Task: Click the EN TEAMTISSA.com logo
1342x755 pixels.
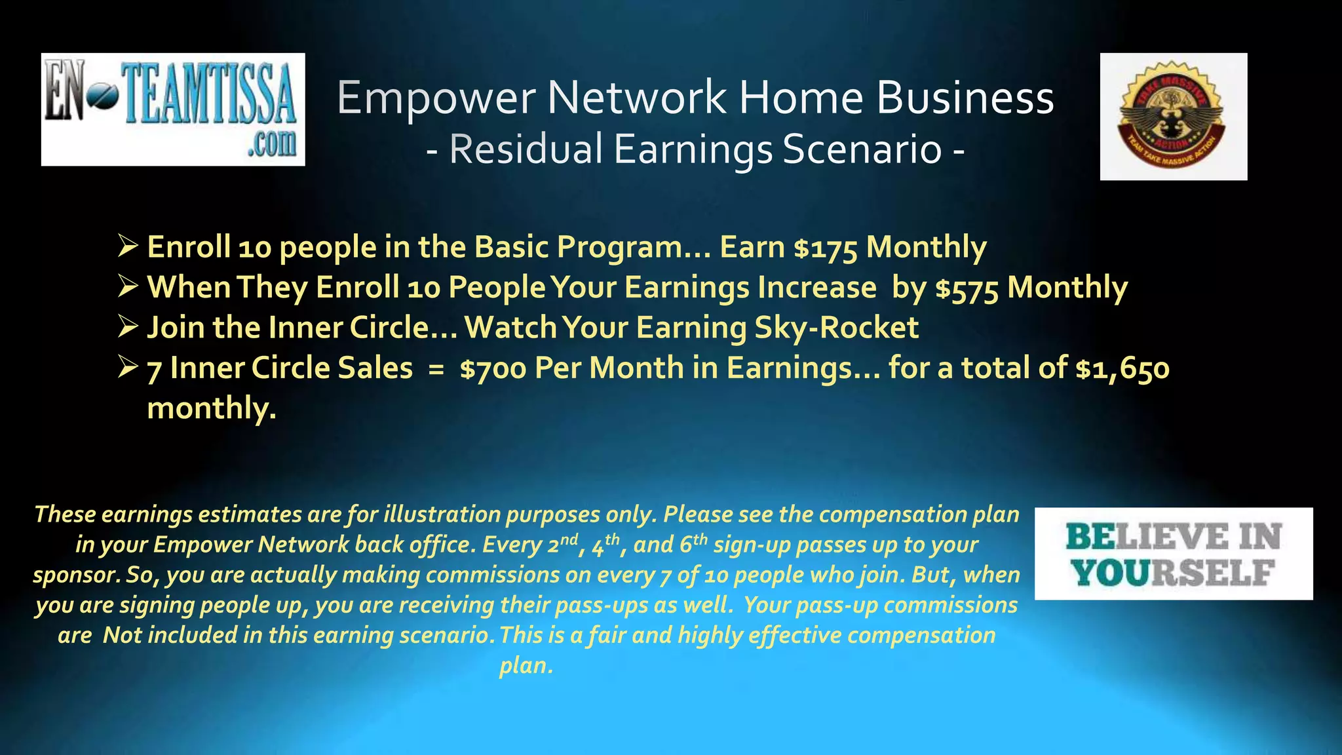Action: point(173,109)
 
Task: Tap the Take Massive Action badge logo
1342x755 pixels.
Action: point(1173,117)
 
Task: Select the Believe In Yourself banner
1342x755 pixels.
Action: point(1174,554)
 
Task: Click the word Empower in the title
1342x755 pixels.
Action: point(436,98)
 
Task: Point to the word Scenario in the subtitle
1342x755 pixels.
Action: point(862,149)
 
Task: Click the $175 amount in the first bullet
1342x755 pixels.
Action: point(825,248)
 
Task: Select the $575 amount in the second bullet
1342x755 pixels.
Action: point(967,288)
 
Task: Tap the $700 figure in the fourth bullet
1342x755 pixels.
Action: point(493,368)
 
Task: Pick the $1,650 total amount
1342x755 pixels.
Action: point(1122,368)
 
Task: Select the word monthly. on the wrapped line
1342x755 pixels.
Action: point(212,408)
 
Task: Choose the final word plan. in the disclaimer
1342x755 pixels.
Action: point(526,666)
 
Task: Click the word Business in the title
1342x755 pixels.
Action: point(965,98)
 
